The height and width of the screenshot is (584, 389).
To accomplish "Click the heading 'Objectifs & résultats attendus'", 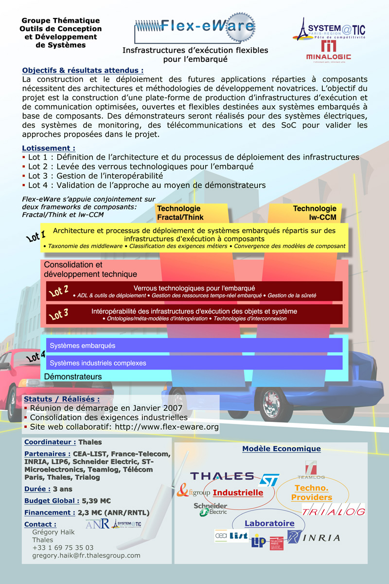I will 83,70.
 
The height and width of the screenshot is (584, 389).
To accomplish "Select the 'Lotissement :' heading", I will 49,148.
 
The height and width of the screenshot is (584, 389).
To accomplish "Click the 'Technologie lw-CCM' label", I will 315,213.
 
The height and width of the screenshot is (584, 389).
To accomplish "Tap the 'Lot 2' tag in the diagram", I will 59,291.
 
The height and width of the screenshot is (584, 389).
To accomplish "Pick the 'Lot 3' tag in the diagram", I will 59,314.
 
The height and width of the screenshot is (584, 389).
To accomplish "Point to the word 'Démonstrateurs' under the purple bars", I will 73,377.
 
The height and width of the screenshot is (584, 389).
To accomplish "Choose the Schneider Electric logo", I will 210,509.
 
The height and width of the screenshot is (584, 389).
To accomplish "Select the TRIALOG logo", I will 333,511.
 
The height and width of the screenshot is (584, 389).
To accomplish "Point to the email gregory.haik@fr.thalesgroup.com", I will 86,555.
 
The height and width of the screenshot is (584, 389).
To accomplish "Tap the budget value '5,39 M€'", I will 96,500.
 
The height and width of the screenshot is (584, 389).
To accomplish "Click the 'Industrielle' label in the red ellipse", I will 238,493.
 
